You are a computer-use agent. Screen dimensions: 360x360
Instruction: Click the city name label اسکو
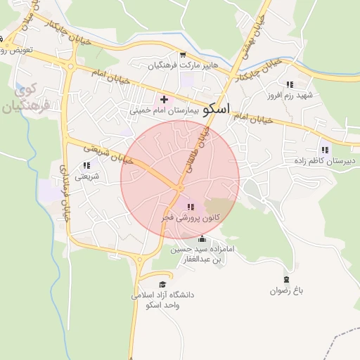[x=216, y=110]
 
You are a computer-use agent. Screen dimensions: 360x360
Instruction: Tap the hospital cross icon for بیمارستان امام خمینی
[x=165, y=100]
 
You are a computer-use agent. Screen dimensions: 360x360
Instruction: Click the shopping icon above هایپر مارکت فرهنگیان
[x=183, y=55]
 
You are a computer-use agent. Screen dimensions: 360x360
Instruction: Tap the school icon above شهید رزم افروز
[x=290, y=84]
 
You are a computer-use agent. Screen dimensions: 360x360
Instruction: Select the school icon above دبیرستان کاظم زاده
[x=324, y=149]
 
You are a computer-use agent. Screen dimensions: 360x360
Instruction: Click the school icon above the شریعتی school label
[x=86, y=165]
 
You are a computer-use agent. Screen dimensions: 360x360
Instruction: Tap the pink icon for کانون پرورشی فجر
[x=191, y=207]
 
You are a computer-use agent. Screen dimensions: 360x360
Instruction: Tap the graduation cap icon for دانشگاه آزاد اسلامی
[x=162, y=284]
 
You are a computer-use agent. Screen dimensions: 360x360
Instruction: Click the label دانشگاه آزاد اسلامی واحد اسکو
[x=162, y=300]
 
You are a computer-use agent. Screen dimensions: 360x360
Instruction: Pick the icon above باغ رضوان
[x=285, y=280]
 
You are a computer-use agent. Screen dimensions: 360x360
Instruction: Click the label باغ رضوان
[x=285, y=290]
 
